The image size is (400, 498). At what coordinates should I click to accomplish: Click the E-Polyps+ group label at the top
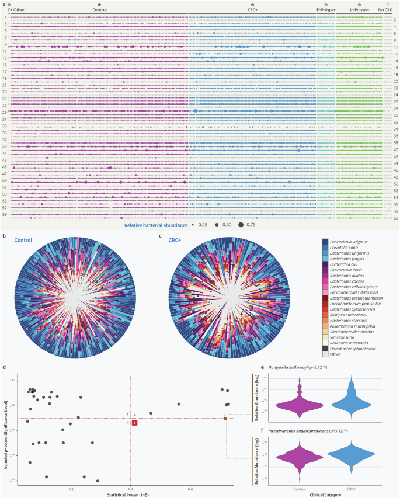[325, 9]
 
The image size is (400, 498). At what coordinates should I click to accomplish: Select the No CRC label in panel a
[385, 9]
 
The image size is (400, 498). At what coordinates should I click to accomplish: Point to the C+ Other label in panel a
[16, 9]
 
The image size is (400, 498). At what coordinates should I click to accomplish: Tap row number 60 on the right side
[395, 218]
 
